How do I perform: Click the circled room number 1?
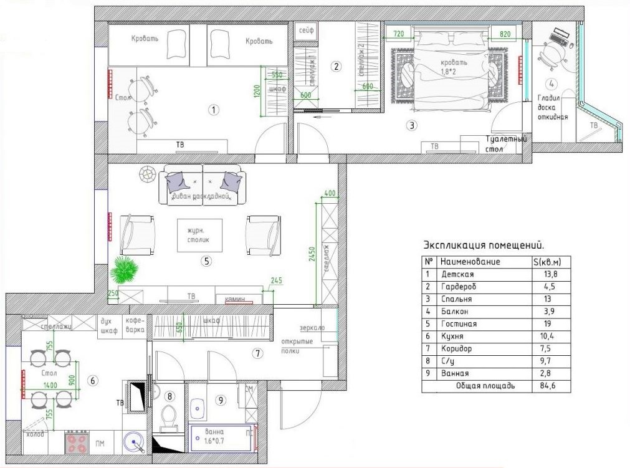pyautogui.click(x=213, y=110)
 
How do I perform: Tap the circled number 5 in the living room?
pyautogui.click(x=206, y=261)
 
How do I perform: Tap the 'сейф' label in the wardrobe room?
pyautogui.click(x=305, y=31)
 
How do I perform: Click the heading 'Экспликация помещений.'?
pyautogui.click(x=478, y=245)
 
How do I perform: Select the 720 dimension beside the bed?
pyautogui.click(x=399, y=33)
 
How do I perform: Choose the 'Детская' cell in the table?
pyautogui.click(x=457, y=274)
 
